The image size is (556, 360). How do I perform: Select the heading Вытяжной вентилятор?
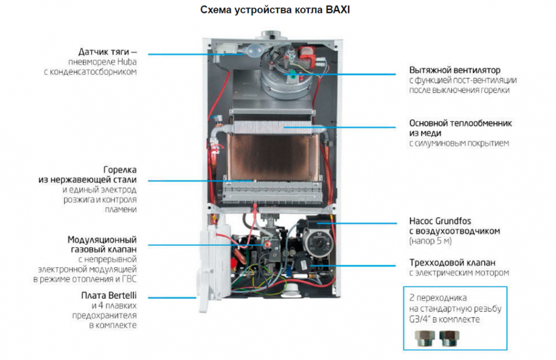455,70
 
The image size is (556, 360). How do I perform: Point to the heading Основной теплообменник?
461,123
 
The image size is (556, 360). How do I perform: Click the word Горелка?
120,170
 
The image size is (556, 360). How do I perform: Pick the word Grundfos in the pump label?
453,221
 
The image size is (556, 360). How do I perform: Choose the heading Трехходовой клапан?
452,263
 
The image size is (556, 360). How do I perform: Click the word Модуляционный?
102,240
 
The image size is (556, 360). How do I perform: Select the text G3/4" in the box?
419,319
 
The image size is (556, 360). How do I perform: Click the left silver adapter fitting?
425,338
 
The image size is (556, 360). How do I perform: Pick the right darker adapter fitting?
449,338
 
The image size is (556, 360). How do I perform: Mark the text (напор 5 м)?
430,241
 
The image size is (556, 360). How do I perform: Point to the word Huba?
127,62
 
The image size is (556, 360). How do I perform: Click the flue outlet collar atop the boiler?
274,35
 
